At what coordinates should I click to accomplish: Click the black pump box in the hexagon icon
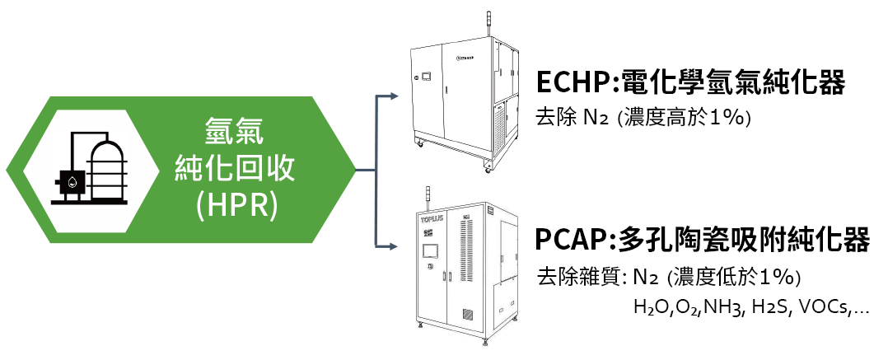[70, 182]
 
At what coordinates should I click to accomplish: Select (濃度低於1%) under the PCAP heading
[735, 278]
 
